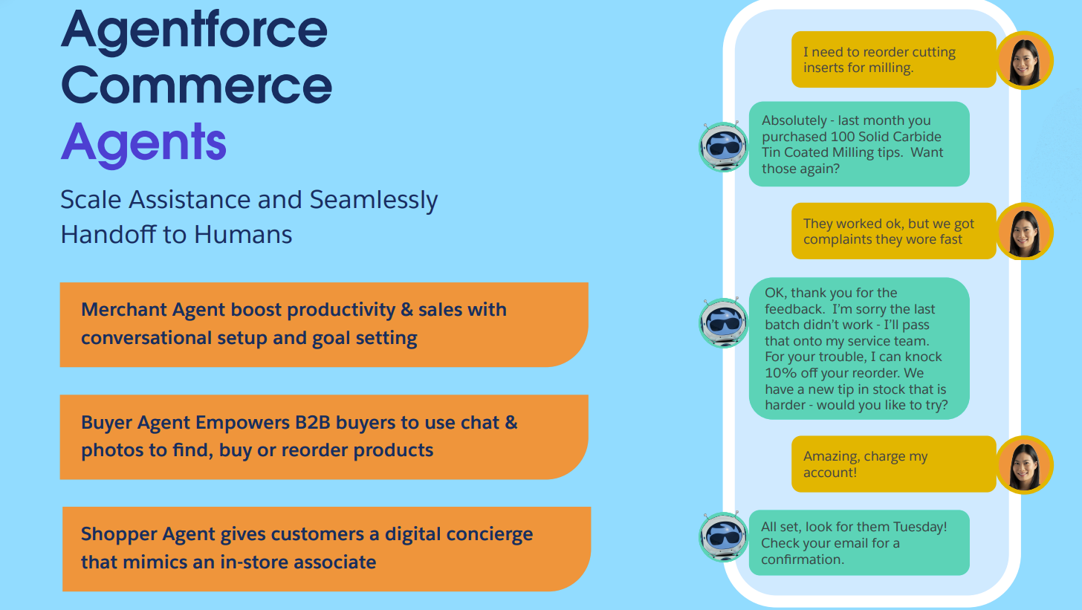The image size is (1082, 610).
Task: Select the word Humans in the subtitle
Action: (x=243, y=234)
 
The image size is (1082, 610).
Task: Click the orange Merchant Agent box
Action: (x=323, y=324)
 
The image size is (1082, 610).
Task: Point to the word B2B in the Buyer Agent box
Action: (x=308, y=423)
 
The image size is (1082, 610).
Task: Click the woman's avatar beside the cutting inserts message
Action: (x=1024, y=60)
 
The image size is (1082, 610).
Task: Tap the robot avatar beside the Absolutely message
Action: (x=724, y=146)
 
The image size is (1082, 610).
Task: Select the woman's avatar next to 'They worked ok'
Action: (x=1024, y=231)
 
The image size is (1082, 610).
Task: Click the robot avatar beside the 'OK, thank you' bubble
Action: (x=724, y=322)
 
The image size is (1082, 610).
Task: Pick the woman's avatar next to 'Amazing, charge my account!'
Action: (x=1024, y=464)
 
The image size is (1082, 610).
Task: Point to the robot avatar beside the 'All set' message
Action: (x=724, y=536)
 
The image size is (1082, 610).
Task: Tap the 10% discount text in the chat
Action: (x=781, y=373)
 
